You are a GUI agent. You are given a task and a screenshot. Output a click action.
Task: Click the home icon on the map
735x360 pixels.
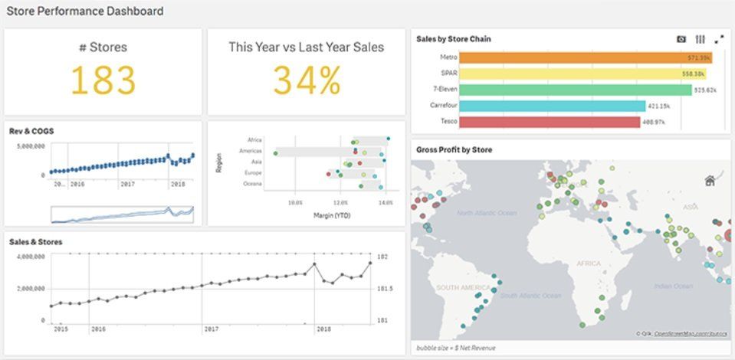click(710, 181)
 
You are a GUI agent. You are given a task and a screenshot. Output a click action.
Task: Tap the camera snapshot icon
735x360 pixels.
click(681, 39)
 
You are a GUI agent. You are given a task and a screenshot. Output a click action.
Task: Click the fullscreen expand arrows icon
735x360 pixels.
click(719, 39)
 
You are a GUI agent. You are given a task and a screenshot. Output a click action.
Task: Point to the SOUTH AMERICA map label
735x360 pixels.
click(464, 287)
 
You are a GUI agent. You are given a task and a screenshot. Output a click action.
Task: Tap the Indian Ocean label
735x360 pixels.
click(674, 286)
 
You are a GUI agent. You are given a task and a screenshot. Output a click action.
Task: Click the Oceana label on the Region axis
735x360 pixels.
click(252, 184)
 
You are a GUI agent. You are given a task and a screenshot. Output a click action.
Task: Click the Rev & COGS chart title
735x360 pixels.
click(31, 131)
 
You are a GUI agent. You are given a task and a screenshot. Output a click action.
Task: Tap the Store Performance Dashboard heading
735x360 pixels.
click(84, 11)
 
